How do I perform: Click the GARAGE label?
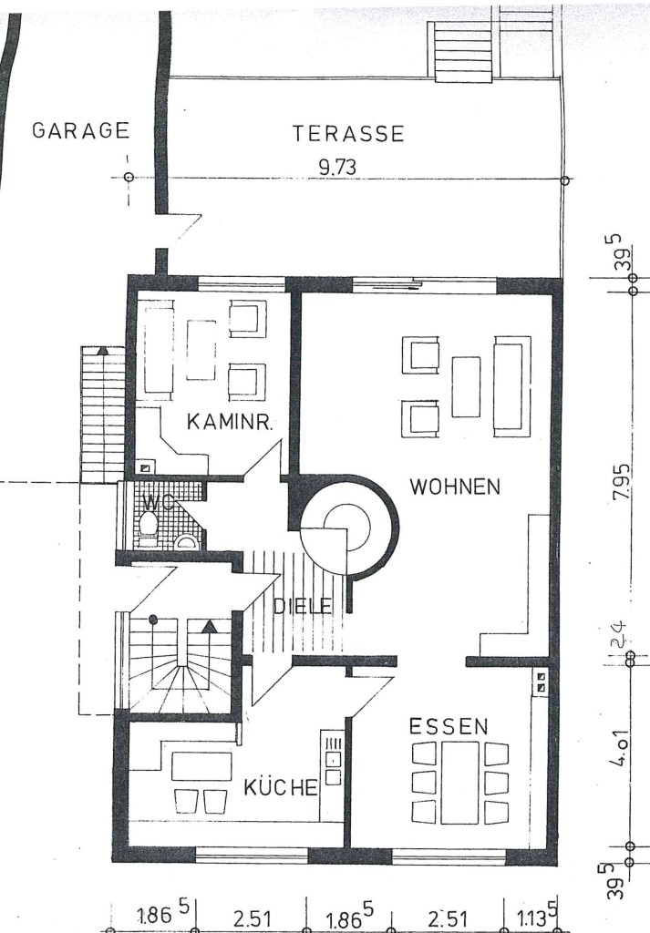click(80, 130)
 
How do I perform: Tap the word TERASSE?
click(348, 133)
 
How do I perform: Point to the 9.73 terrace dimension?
click(337, 168)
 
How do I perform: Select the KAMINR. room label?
click(230, 422)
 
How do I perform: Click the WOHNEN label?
click(455, 487)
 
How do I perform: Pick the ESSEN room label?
click(449, 726)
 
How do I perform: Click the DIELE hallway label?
click(302, 606)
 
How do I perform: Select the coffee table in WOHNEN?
click(466, 386)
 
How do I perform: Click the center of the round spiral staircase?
click(347, 527)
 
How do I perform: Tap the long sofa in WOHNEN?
click(511, 386)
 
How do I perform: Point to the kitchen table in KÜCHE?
click(201, 766)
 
